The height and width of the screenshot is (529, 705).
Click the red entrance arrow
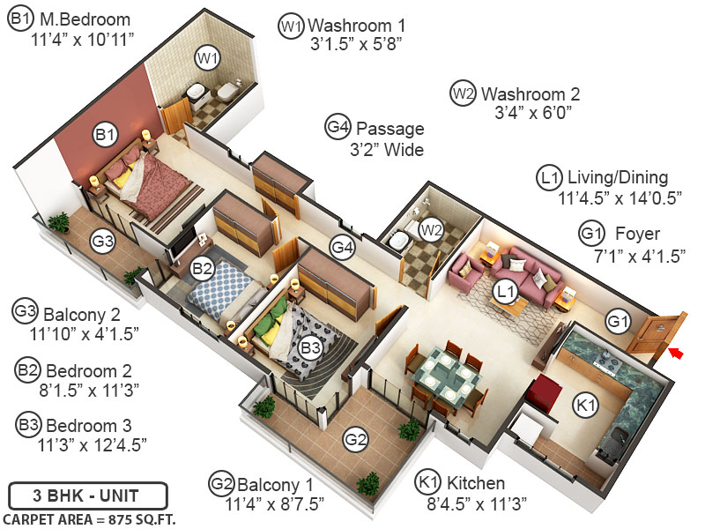675,354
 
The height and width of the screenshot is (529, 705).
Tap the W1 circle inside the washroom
207,59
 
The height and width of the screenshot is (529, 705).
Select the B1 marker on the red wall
105,135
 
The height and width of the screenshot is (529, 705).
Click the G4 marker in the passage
342,249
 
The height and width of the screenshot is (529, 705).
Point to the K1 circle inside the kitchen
583,406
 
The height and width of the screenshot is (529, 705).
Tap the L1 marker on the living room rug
504,291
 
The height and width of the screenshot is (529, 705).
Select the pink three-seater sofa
527,273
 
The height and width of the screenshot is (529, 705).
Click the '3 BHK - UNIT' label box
74,495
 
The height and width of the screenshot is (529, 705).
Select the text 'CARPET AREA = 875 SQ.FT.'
89,518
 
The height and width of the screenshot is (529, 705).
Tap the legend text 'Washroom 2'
531,93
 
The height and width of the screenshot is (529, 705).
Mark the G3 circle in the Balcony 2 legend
26,312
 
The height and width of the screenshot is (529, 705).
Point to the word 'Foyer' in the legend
638,234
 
